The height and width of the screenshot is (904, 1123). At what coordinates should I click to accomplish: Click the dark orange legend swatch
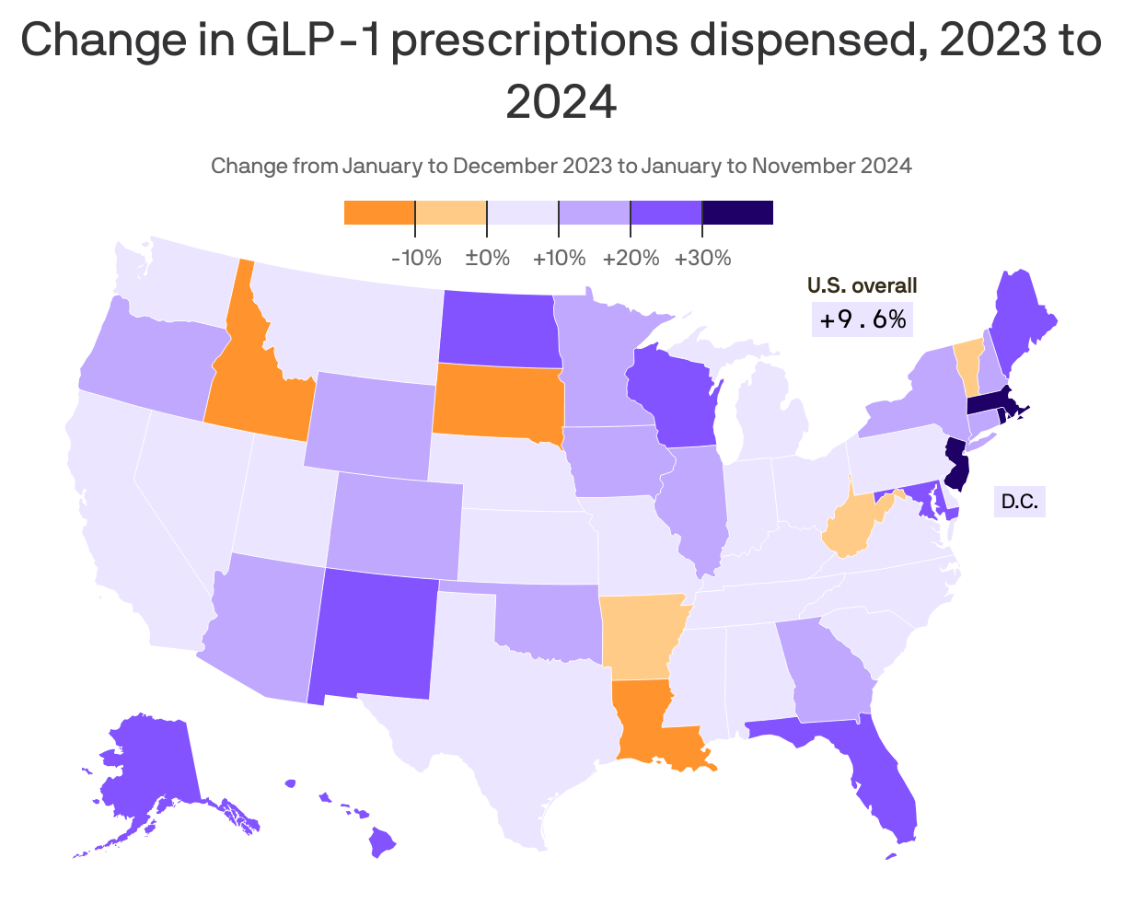[379, 213]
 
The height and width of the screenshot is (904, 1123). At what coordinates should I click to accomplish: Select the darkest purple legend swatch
[737, 213]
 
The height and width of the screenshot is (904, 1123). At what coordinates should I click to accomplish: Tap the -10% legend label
[416, 258]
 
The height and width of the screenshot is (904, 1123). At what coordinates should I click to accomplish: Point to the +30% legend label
[702, 258]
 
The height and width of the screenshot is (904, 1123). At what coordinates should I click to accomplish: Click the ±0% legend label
[487, 258]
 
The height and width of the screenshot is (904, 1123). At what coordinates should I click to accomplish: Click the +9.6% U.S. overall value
[863, 319]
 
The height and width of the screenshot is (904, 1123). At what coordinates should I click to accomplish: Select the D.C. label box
[1019, 502]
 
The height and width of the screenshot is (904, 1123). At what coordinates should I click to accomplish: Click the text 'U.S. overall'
[862, 286]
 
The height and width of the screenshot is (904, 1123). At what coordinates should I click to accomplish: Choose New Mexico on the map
[373, 635]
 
